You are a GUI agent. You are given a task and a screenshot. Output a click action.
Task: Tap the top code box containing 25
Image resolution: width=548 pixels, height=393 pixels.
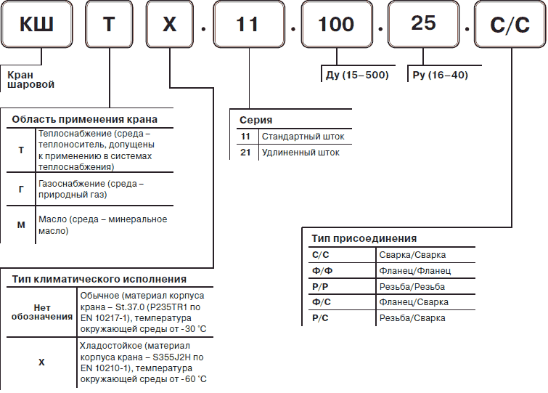pos(422,23)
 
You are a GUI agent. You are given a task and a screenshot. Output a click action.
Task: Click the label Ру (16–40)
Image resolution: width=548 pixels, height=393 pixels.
pos(438,75)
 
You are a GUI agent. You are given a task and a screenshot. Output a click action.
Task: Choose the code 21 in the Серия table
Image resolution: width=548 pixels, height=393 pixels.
pos(245,153)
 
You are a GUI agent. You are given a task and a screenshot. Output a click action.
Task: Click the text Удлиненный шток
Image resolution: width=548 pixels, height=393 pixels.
pos(300,153)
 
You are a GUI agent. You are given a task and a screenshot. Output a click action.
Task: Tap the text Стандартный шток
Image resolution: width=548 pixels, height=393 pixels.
pos(303,136)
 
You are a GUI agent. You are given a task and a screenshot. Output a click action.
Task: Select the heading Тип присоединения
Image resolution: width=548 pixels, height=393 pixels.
pos(364,238)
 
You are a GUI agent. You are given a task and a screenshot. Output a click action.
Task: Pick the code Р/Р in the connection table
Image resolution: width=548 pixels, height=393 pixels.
pos(319,286)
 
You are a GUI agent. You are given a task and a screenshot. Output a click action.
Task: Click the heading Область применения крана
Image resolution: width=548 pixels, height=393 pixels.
pos(85,119)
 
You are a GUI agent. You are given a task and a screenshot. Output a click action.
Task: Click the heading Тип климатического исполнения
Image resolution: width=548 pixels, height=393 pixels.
pos(99,279)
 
